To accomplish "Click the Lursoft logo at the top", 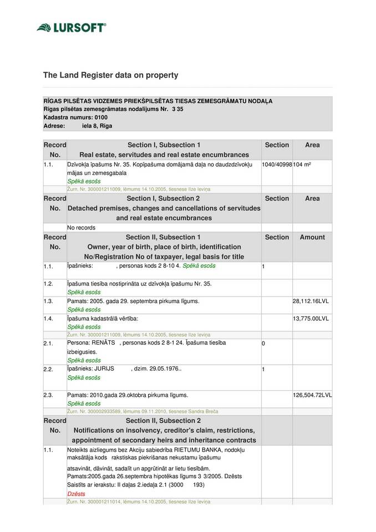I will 71,27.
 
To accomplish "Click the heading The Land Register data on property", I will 111,75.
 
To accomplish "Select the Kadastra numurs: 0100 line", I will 75,117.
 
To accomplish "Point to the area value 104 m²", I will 302,165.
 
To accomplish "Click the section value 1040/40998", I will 277,165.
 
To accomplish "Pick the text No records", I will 81,227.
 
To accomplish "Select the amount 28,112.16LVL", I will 311,301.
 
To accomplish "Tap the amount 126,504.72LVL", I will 312,395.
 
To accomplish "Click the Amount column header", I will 312,237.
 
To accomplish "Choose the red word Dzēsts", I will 76,493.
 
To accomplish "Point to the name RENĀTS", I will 103,343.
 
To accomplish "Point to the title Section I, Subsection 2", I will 163,198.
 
